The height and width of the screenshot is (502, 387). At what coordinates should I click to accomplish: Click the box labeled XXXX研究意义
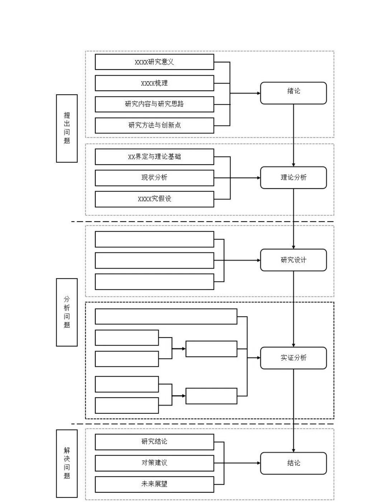click(x=154, y=62)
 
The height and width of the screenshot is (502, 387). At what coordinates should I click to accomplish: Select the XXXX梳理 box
click(x=154, y=83)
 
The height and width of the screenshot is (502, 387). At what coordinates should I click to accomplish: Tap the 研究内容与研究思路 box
click(x=154, y=104)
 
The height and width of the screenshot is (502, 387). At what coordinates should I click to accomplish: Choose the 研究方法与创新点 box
click(x=154, y=126)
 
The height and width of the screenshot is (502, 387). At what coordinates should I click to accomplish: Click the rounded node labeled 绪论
click(x=293, y=93)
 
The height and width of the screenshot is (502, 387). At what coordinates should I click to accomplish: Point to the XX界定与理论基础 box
click(x=154, y=157)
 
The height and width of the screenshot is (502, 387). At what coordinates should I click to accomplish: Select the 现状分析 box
click(x=154, y=178)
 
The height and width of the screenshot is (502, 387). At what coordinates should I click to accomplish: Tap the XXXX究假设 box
click(x=154, y=199)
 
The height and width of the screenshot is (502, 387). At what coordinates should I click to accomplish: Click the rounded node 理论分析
click(x=293, y=177)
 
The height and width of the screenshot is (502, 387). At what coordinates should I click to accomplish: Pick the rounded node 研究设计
click(x=293, y=260)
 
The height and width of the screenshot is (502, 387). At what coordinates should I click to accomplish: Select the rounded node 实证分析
click(x=293, y=358)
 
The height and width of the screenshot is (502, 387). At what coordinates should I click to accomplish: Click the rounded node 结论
click(x=293, y=463)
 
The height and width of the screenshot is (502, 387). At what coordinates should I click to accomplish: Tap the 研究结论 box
click(x=154, y=442)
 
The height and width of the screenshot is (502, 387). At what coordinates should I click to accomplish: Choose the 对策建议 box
click(x=154, y=463)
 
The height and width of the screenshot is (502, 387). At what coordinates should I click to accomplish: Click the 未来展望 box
click(x=154, y=484)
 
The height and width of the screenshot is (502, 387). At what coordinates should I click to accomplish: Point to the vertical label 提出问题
click(x=67, y=128)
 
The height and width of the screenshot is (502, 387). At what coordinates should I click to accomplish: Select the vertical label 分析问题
click(x=67, y=312)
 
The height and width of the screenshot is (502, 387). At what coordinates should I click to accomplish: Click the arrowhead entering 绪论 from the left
click(x=259, y=93)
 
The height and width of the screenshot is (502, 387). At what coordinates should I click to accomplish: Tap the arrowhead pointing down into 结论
click(x=293, y=450)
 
